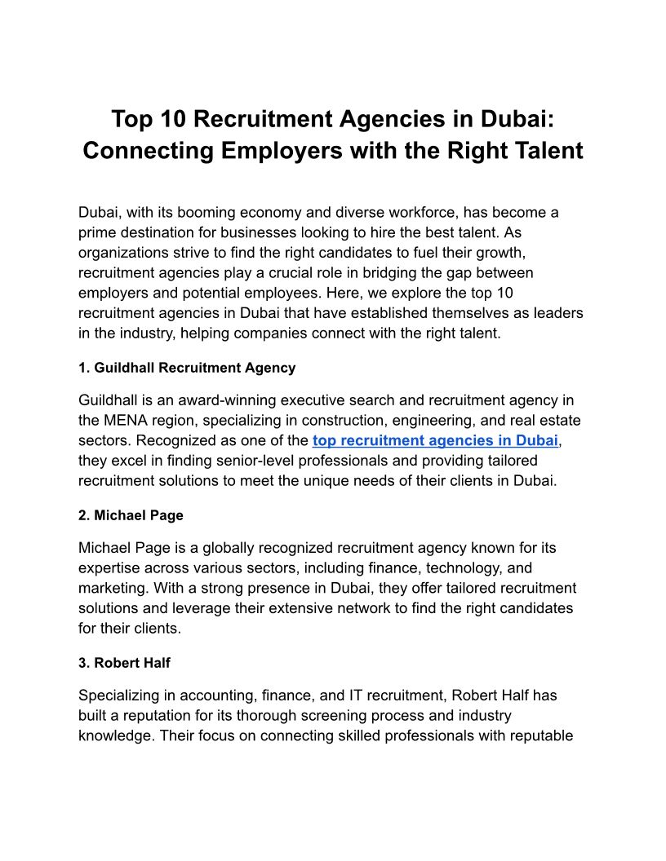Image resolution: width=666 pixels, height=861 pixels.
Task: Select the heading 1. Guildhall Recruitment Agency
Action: coord(187,368)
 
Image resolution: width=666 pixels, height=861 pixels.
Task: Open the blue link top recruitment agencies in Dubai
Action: coord(435,441)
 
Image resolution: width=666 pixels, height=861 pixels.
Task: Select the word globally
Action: coord(206,549)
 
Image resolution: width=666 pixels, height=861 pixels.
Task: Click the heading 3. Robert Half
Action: coord(124,663)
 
